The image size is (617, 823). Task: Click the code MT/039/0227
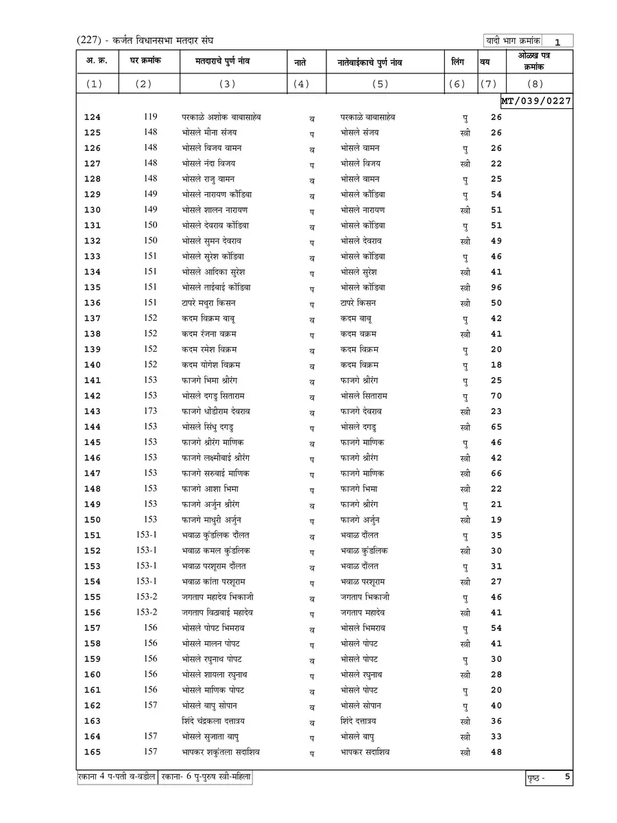[x=537, y=101]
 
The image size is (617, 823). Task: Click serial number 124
[x=92, y=117]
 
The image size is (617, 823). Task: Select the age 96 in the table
[x=496, y=288]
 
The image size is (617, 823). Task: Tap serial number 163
[x=92, y=721]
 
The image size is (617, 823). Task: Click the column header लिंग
[x=458, y=62]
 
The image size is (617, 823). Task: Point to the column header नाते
[x=300, y=62]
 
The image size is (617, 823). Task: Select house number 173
[x=150, y=411]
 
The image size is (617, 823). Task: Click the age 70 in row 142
[x=496, y=396]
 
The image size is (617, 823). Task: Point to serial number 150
[x=92, y=520]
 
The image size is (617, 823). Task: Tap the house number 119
[x=150, y=117]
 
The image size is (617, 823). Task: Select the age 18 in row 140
[x=496, y=365]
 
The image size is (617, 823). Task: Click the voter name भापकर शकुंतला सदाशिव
[x=221, y=752]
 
